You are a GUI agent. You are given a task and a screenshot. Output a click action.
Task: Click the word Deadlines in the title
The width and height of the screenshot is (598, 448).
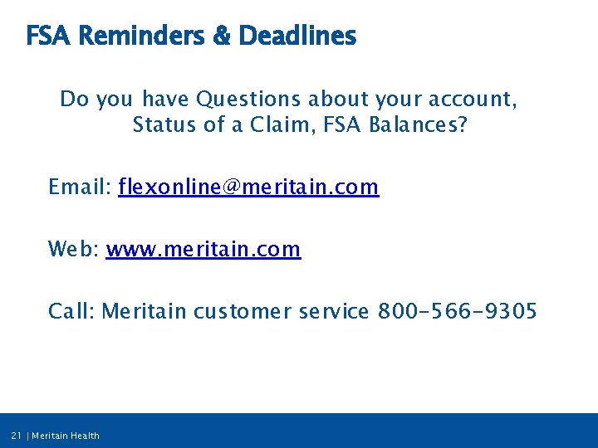coord(297,37)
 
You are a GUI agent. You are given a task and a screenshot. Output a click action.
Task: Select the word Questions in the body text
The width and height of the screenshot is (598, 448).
coord(248,100)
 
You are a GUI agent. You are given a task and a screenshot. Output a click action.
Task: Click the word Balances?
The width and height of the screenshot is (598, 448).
coord(422,127)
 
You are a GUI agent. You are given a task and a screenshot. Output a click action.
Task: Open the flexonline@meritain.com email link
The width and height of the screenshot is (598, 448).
coord(248,187)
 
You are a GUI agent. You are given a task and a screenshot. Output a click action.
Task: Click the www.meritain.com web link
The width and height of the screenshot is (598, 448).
coord(203,249)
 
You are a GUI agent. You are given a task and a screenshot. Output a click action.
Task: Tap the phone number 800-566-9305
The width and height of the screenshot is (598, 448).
coord(458,312)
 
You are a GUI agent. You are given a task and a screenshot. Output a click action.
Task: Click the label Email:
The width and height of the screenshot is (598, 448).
coord(81,187)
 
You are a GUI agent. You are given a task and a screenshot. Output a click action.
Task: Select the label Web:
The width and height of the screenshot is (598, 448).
coord(74,249)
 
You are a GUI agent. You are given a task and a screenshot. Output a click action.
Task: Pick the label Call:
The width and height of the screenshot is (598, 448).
coord(72,312)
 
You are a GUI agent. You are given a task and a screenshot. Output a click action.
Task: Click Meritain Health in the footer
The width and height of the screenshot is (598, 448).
coord(66,436)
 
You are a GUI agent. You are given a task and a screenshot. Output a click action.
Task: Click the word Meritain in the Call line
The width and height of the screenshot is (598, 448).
coord(145,312)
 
